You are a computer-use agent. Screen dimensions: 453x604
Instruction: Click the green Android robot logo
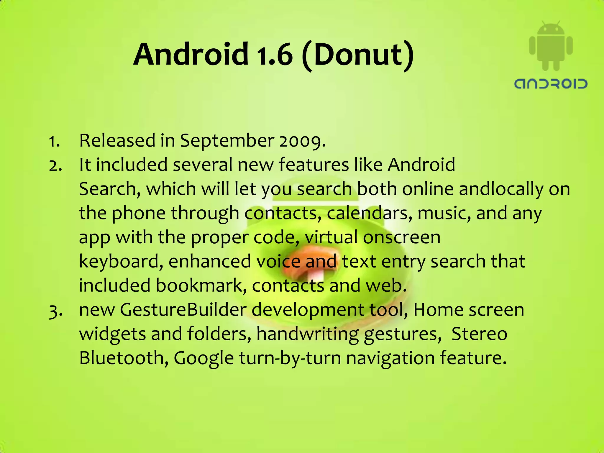(551, 46)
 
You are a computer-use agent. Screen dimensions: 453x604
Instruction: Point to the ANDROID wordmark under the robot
(551, 84)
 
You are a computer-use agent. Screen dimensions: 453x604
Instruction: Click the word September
(227, 141)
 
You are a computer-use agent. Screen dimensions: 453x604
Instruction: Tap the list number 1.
(54, 141)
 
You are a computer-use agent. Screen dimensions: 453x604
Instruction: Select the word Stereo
(479, 334)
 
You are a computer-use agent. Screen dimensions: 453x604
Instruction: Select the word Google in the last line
(203, 359)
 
